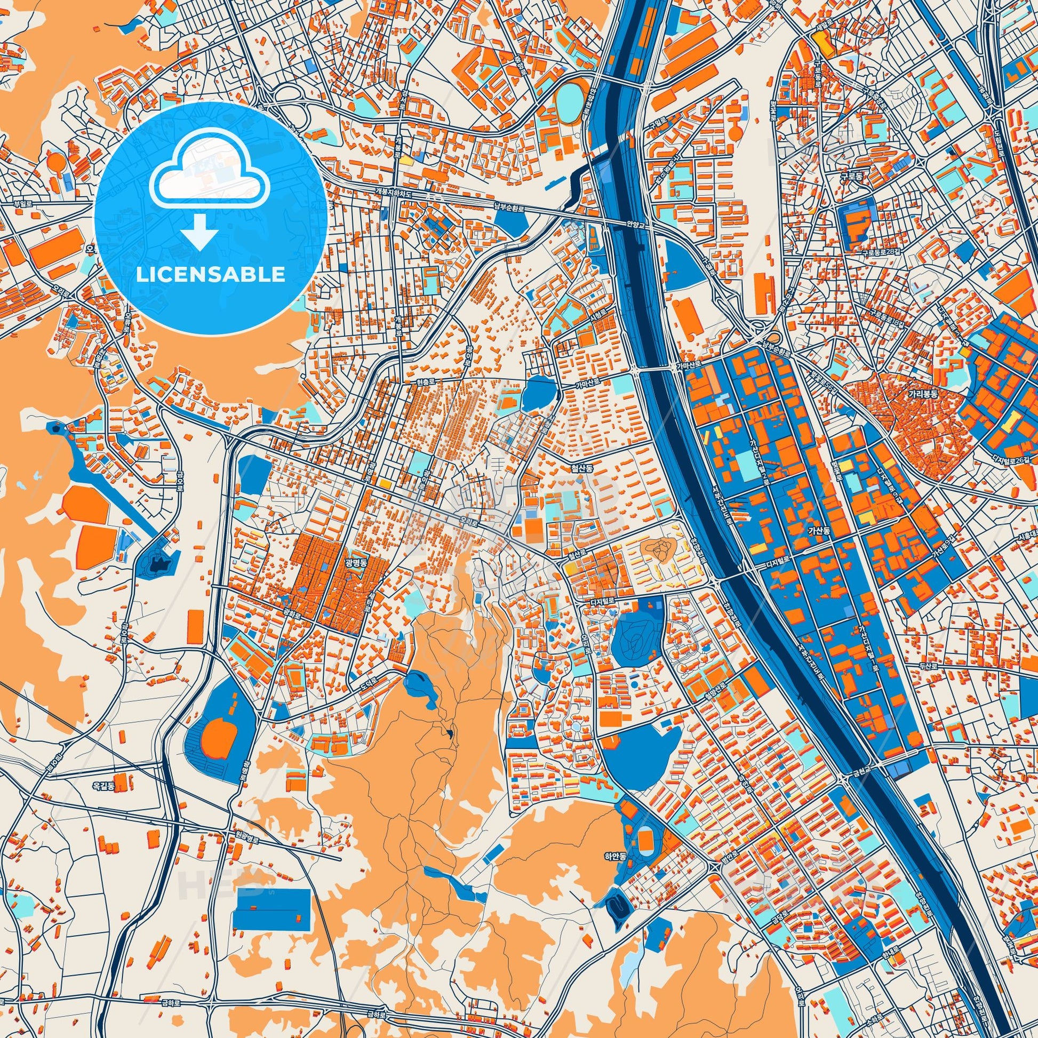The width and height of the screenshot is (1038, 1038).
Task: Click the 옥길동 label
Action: [103, 786]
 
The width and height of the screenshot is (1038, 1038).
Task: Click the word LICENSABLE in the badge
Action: [210, 275]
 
